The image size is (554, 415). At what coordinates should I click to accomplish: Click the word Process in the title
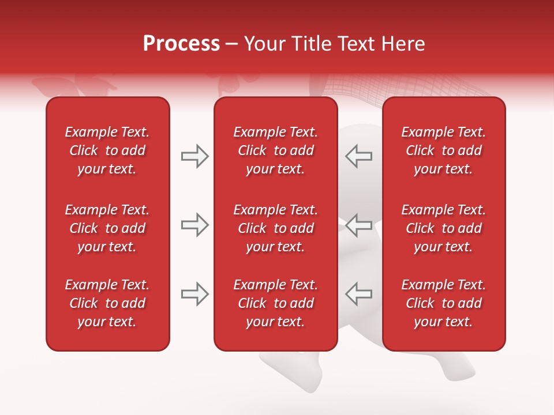(181, 44)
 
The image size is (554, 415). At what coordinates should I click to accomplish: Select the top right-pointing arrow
(195, 156)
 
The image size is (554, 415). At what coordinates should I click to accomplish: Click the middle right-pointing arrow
(195, 225)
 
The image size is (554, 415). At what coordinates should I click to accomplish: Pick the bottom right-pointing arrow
(195, 294)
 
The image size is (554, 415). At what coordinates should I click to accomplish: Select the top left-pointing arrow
(359, 156)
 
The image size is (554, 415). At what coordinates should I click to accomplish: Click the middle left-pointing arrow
(359, 225)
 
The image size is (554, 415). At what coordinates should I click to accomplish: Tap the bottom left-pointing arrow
(359, 294)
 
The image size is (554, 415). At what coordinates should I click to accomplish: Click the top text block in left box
(107, 150)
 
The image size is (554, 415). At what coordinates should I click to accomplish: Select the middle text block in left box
(107, 228)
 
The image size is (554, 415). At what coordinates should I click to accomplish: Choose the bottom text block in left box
(107, 303)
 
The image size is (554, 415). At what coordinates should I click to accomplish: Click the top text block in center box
(275, 150)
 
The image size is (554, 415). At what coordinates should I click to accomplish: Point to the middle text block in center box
(275, 228)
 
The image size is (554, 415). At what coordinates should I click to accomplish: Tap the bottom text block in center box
(275, 303)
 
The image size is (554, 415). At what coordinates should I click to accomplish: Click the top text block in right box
(443, 150)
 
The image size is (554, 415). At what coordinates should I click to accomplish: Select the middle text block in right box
(443, 228)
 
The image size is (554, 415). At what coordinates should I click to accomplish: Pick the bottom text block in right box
(443, 303)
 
